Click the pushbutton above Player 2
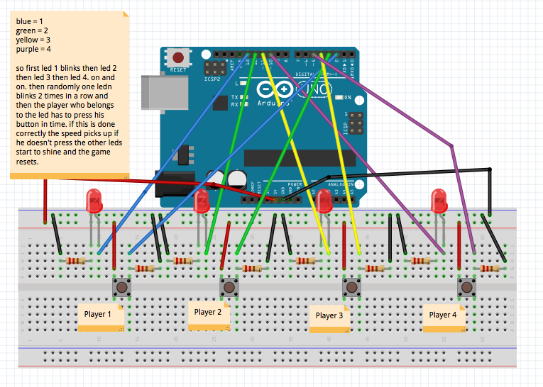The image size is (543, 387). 229,288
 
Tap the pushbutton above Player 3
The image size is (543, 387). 351,288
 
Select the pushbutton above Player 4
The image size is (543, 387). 466,288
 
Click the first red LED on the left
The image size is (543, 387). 94,201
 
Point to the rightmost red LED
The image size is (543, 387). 439,201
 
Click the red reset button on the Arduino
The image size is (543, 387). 178,57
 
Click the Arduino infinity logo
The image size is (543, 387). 275,90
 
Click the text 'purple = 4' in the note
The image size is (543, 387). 35,50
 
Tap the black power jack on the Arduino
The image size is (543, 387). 174,185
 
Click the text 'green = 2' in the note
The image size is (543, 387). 33,31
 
